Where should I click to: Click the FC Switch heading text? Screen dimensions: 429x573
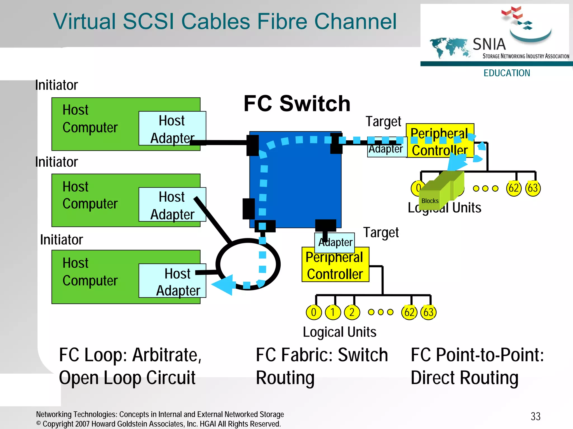pyautogui.click(x=297, y=104)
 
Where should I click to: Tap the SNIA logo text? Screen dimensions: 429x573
pyautogui.click(x=489, y=44)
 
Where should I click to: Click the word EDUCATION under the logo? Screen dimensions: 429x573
pyautogui.click(x=507, y=73)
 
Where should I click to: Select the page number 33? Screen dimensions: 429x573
pyautogui.click(x=536, y=416)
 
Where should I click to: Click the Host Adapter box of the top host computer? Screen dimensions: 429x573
pyautogui.click(x=172, y=128)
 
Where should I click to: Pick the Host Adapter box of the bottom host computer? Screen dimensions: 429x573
pyautogui.click(x=172, y=281)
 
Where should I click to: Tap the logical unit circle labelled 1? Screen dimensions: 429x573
pyautogui.click(x=333, y=312)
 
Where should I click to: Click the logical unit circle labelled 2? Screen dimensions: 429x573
pyautogui.click(x=352, y=312)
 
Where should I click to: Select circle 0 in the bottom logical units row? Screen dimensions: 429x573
pyautogui.click(x=314, y=312)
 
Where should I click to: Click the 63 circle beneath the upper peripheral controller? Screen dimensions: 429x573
pyautogui.click(x=533, y=188)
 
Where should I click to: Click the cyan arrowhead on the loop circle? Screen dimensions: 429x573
pyautogui.click(x=223, y=285)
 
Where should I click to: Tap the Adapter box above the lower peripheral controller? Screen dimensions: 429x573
pyautogui.click(x=335, y=242)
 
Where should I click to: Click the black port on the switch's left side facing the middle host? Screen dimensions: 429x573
pyautogui.click(x=248, y=209)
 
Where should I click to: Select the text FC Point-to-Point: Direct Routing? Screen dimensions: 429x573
pyautogui.click(x=477, y=366)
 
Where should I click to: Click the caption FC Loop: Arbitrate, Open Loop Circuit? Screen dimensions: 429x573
pyautogui.click(x=130, y=366)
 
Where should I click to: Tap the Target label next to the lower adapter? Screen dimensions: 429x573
pyautogui.click(x=381, y=233)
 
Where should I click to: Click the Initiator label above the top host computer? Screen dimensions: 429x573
pyautogui.click(x=56, y=85)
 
